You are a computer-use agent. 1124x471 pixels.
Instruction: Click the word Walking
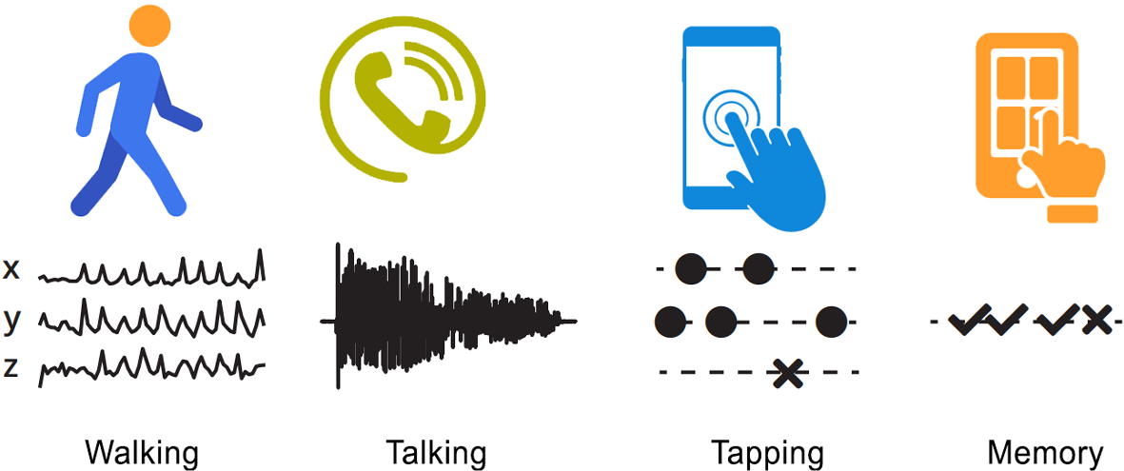tap(142, 452)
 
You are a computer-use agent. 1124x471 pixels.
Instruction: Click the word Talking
tap(436, 452)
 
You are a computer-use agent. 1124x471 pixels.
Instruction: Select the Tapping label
tap(767, 452)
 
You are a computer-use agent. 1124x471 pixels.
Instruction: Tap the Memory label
tap(1045, 452)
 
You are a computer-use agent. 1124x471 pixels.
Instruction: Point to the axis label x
tap(11, 269)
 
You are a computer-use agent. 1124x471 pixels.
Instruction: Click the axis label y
tap(11, 321)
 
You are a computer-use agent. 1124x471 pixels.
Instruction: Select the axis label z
tap(11, 367)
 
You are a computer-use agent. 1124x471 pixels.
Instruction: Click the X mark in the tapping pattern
tap(787, 372)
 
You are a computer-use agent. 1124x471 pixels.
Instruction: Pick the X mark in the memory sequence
tap(1095, 320)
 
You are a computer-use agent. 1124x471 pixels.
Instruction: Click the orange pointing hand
tap(1061, 167)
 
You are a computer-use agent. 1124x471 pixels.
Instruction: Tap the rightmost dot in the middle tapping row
tap(831, 322)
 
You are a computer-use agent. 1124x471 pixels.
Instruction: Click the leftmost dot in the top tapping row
tap(690, 269)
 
